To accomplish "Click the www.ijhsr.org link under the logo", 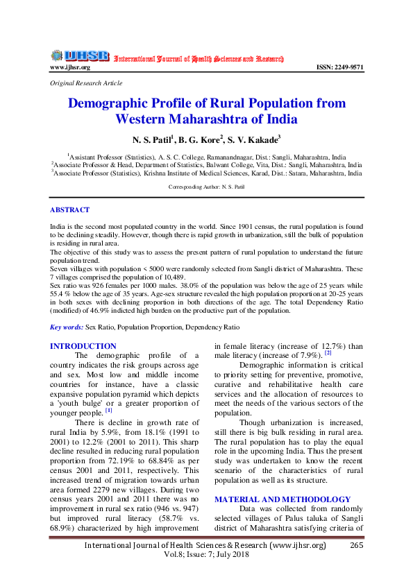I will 69,67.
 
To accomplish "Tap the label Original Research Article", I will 86,83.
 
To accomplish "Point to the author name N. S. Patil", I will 152,140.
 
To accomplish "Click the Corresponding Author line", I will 206,187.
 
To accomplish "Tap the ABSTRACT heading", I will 69,209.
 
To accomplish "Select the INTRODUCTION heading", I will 83,345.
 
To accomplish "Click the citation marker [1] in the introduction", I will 108,411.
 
